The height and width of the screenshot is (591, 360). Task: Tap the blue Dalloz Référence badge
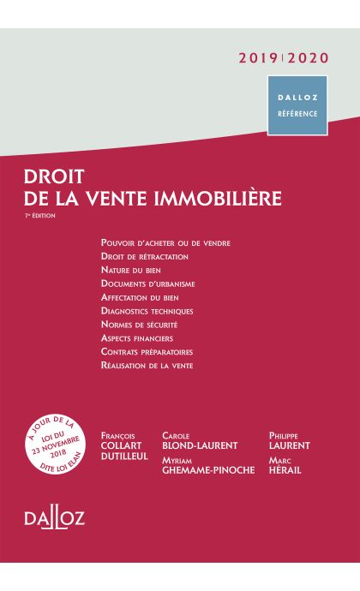297,105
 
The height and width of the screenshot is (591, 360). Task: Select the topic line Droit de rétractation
144,256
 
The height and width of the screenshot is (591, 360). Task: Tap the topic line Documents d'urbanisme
147,284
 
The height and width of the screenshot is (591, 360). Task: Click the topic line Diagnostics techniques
147,311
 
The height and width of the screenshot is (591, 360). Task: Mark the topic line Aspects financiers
137,338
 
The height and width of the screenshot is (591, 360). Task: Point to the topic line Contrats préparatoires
147,352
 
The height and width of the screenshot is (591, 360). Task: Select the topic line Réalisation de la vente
147,366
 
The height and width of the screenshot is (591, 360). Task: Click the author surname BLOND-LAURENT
200,445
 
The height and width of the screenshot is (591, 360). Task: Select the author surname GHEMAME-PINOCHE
208,469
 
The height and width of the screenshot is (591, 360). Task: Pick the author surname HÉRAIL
290,469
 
